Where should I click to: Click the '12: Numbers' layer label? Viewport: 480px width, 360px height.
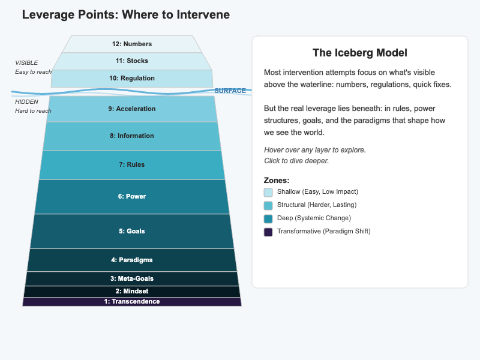coord(132,44)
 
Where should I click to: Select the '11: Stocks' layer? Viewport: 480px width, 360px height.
coord(132,61)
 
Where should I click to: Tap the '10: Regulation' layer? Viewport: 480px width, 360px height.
coord(132,78)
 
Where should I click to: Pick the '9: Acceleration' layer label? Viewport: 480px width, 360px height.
coord(132,109)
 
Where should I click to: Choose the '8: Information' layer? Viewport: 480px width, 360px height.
coord(132,136)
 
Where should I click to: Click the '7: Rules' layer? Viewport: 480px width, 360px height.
coord(132,164)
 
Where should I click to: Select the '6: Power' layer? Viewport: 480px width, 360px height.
coord(132,196)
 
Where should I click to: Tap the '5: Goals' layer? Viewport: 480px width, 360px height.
coord(132,231)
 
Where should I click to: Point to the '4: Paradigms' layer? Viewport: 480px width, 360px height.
coord(132,260)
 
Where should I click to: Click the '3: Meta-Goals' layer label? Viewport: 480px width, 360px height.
coord(132,278)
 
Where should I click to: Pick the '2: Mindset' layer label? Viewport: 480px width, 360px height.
coord(132,291)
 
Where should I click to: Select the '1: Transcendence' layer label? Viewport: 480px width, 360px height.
coord(132,301)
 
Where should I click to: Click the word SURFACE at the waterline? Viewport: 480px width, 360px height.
coord(230,91)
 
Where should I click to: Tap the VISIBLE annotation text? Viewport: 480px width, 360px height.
coord(26,62)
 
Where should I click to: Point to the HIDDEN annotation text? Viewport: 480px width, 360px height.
coord(26,101)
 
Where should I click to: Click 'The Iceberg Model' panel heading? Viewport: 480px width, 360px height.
coord(360,53)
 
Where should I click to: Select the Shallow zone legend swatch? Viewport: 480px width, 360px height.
coord(268,192)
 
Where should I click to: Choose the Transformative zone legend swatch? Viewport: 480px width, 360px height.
coord(268,232)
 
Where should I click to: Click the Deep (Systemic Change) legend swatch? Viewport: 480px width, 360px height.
coord(268,218)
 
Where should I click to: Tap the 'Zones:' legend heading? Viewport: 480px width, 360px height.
coord(277,180)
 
